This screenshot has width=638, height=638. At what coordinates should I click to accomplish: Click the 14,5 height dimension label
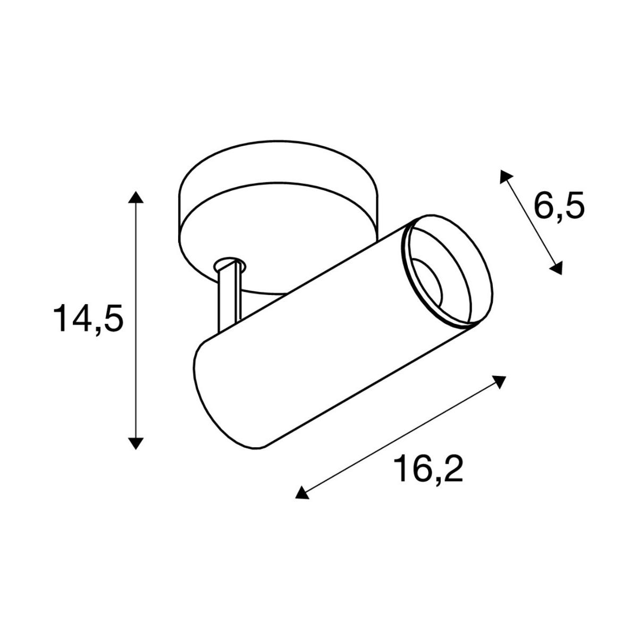[88, 318]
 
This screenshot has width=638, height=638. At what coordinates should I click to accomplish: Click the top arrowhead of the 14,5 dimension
[136, 197]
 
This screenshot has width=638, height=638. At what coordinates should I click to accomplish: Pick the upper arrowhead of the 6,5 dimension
[505, 176]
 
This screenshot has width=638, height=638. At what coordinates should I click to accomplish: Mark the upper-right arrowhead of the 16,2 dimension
[499, 382]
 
